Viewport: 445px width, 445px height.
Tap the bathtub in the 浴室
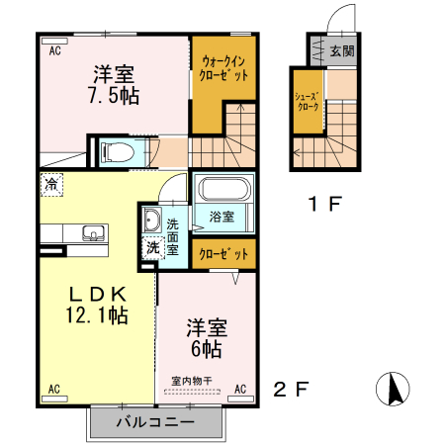(x=223, y=191)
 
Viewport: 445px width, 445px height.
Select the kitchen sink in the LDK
(x=93, y=233)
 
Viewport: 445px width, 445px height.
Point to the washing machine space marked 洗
(x=152, y=248)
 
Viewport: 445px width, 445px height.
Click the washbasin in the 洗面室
(x=152, y=221)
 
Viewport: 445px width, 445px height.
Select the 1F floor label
(x=323, y=205)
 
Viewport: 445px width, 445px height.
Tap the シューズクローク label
(x=306, y=100)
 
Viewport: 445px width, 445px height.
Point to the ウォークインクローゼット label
(x=223, y=67)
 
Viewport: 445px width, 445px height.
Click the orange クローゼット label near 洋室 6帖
(x=223, y=253)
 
